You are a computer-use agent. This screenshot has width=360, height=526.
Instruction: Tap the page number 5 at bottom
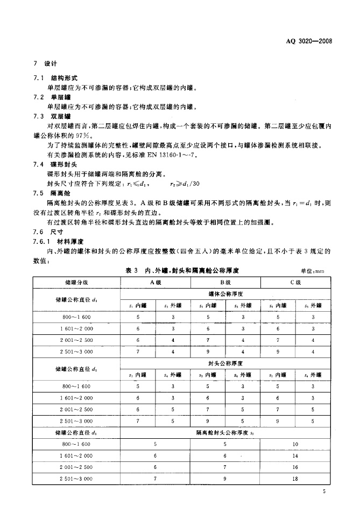[x=324, y=491]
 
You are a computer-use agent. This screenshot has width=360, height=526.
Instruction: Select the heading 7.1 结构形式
[x=57, y=78]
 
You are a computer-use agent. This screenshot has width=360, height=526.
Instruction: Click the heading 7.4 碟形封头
[x=57, y=164]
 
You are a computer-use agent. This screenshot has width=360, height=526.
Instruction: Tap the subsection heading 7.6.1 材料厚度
[x=60, y=242]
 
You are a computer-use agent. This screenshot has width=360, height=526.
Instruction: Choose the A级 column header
[x=156, y=282]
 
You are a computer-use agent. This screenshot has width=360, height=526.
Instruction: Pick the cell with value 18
[x=295, y=479]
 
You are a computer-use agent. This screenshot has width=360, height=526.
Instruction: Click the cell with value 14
[x=295, y=455]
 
